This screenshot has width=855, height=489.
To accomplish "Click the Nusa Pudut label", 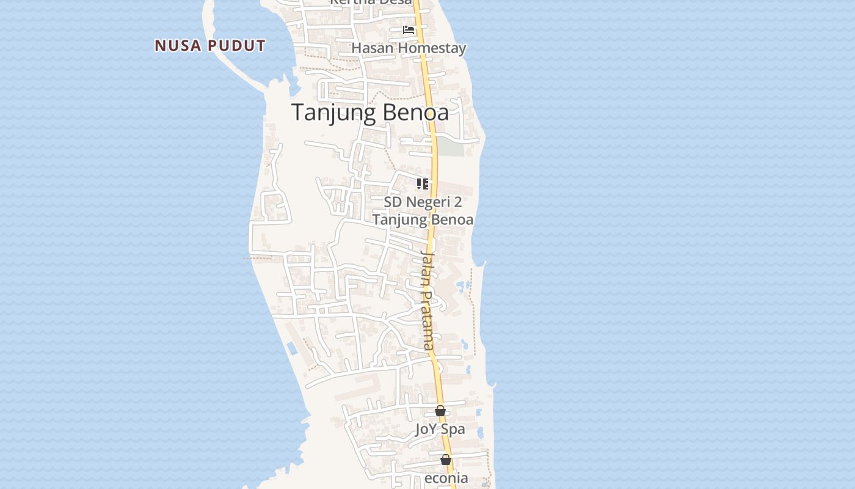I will [210, 46].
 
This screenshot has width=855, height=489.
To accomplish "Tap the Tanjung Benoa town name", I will [370, 112].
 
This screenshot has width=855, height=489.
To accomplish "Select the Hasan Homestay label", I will [409, 48].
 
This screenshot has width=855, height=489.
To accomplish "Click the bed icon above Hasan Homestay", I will [409, 29].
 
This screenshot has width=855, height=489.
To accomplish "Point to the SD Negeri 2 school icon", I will [423, 183].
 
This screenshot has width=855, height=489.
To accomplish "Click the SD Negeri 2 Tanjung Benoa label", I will [423, 210].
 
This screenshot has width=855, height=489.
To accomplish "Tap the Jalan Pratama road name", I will [428, 300].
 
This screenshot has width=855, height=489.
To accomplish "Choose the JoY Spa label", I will [440, 429].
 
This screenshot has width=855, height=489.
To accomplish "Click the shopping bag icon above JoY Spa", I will [440, 411].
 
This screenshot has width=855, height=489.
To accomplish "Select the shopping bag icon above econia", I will [446, 460].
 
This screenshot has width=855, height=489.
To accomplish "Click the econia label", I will [446, 478].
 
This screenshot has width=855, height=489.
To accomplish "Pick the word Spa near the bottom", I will [453, 429].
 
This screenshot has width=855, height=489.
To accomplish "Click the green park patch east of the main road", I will [451, 147].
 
